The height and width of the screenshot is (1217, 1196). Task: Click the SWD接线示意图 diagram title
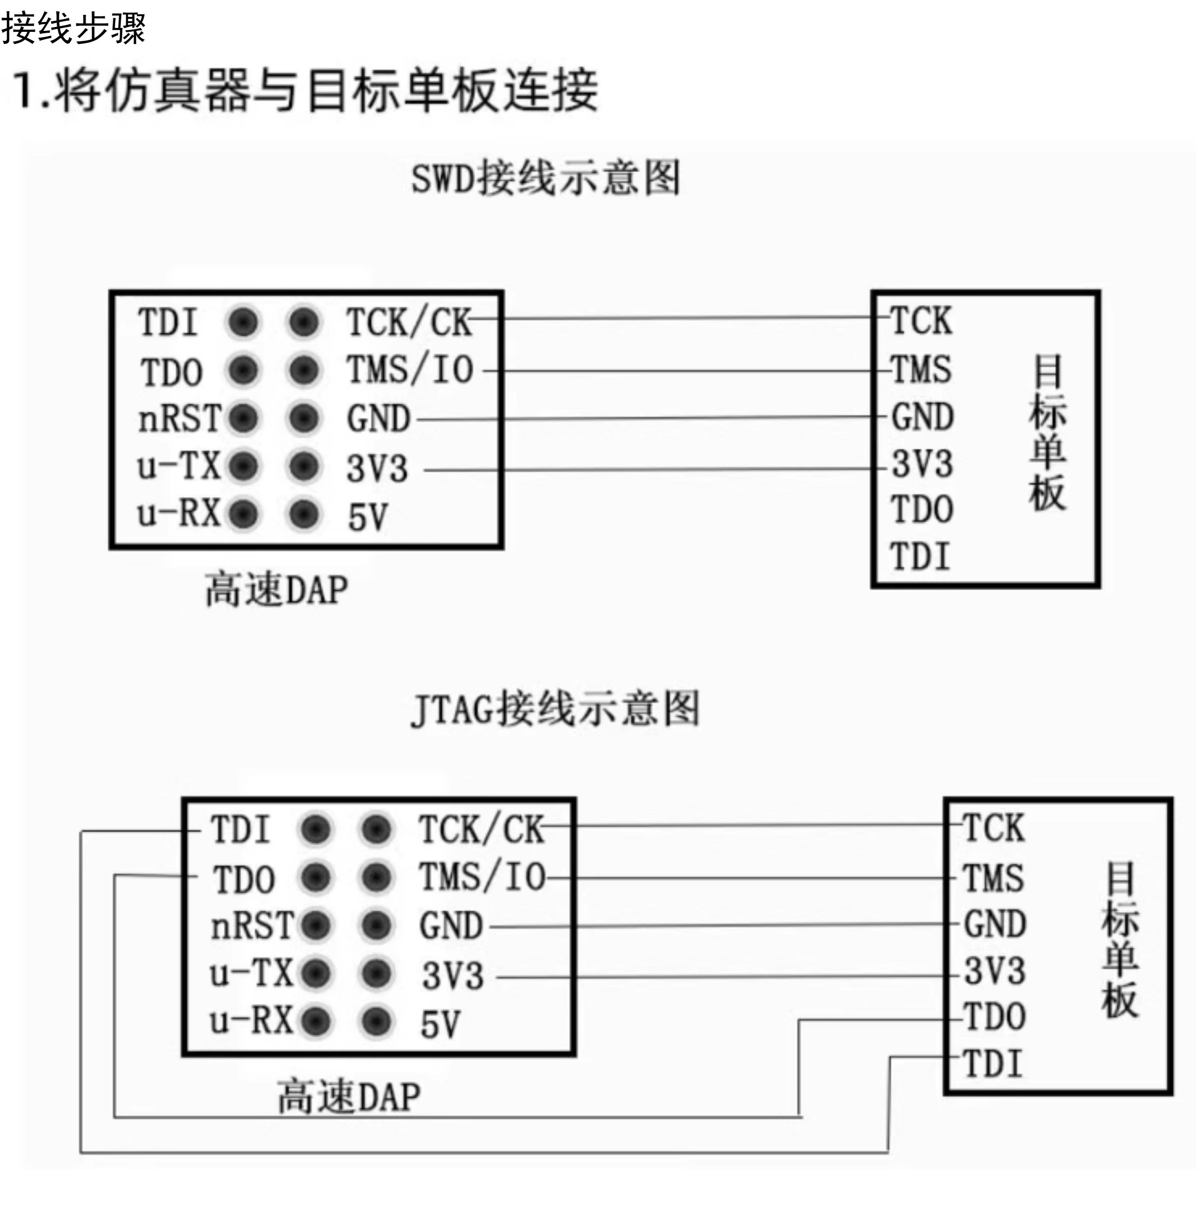[x=545, y=178]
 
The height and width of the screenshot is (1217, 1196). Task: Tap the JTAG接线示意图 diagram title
[x=555, y=709]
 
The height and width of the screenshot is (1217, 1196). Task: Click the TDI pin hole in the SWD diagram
[x=244, y=323]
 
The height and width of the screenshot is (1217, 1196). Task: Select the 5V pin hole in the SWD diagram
[x=304, y=514]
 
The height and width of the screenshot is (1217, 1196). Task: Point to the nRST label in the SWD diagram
[x=180, y=418]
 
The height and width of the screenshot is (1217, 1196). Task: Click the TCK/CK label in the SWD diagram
[x=409, y=322]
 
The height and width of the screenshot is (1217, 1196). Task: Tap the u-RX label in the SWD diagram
[x=179, y=513]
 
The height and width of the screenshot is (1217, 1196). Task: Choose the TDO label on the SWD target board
[x=922, y=509]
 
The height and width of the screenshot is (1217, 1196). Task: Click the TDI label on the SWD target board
[x=920, y=556]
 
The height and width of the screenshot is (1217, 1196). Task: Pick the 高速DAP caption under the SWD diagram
[x=277, y=589]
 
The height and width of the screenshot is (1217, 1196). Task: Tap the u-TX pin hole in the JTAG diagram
[x=316, y=974]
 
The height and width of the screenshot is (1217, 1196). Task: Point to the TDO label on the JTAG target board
[x=994, y=1017]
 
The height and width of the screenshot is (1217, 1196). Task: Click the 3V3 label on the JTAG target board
[x=995, y=971]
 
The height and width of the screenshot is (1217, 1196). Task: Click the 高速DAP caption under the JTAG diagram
[x=349, y=1096]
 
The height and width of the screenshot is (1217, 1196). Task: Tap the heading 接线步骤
[x=73, y=28]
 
